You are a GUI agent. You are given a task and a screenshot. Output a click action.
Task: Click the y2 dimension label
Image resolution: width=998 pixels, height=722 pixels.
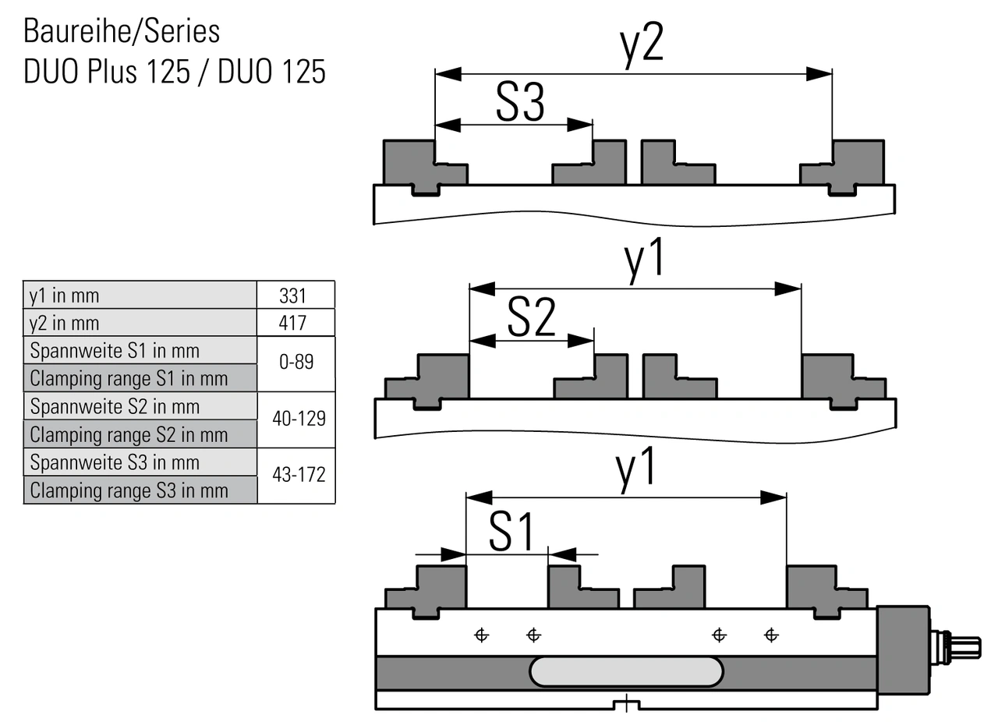[642, 45]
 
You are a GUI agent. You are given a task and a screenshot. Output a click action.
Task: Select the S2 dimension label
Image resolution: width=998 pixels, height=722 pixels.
[531, 317]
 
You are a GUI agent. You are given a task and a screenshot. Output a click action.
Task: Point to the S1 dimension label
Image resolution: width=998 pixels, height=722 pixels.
[512, 532]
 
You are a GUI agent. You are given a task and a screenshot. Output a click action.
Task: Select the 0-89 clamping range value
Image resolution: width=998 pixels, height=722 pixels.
[296, 363]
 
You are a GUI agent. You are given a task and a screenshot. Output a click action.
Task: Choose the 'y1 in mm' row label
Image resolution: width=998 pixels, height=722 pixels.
[65, 296]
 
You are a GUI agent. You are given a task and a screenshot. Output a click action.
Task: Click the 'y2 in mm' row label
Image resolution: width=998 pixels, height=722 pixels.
[65, 323]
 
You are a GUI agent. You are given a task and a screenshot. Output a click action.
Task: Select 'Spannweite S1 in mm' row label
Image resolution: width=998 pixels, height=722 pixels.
[115, 350]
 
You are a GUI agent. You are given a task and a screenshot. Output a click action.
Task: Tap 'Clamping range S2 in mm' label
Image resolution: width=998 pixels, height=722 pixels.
[129, 434]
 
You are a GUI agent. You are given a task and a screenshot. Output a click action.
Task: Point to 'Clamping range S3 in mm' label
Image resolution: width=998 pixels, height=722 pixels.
[129, 490]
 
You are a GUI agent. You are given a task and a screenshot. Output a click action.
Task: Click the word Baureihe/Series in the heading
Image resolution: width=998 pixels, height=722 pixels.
[122, 32]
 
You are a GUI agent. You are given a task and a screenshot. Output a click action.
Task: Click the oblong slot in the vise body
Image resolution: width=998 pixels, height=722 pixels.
[626, 671]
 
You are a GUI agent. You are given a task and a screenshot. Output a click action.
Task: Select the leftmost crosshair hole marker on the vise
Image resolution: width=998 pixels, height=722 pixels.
[482, 635]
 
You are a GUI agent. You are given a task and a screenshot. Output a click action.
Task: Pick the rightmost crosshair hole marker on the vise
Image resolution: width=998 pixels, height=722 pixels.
[771, 635]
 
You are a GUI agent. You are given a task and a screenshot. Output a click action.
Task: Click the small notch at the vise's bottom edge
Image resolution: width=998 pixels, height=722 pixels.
[626, 705]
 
